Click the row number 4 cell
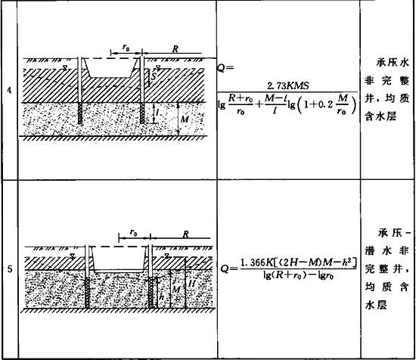click(9, 91)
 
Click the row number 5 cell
click(10, 269)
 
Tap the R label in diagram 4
click(175, 49)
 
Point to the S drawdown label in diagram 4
click(153, 76)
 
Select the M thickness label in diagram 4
click(185, 119)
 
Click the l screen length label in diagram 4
click(157, 113)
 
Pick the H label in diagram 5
click(191, 284)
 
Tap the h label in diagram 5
click(161, 297)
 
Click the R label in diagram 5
click(186, 234)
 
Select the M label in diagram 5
click(176, 290)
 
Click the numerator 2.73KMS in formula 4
click(288, 85)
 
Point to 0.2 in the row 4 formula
click(326, 104)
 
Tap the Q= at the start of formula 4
click(225, 68)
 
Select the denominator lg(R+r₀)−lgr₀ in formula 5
click(298, 275)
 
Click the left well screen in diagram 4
click(80, 113)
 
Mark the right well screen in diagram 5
click(151, 293)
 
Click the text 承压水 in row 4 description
click(393, 63)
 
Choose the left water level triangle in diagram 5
click(72, 256)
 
